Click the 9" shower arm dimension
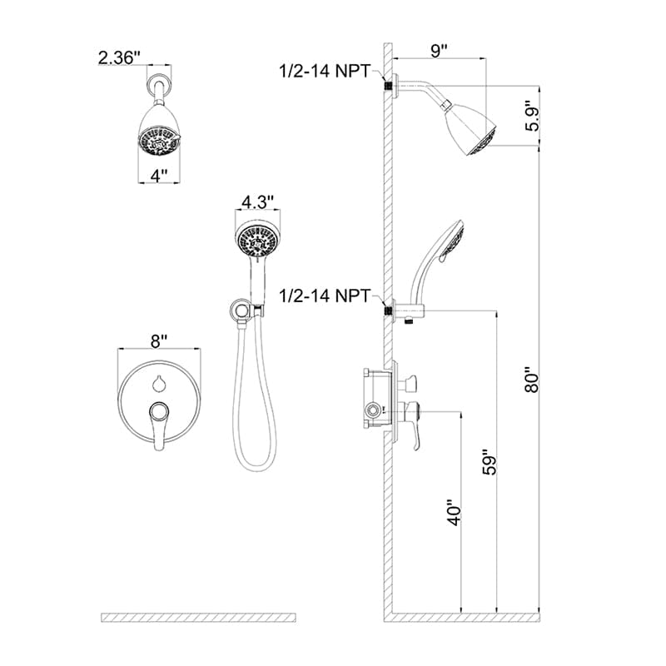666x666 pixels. pyautogui.click(x=440, y=49)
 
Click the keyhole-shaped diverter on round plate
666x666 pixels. pyautogui.click(x=158, y=383)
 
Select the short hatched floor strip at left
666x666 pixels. pyautogui.click(x=198, y=617)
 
